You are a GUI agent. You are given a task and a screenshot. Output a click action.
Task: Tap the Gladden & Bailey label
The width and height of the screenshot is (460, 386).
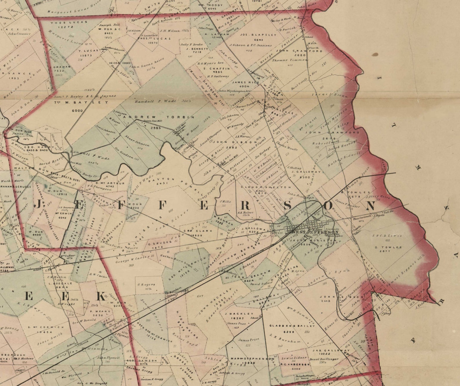[292, 326]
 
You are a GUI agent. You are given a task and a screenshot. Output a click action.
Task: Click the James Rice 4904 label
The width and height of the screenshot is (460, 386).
[246, 82]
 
